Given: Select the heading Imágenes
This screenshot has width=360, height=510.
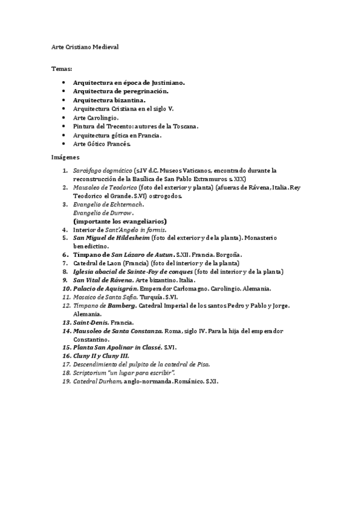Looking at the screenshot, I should (63, 156).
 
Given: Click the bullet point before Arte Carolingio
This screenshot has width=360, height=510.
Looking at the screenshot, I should (64, 118).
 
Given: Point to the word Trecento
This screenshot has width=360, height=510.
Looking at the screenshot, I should (117, 127).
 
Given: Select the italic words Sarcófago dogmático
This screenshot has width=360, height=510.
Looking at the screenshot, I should (102, 171).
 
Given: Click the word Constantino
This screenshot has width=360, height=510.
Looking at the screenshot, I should (92, 339).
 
